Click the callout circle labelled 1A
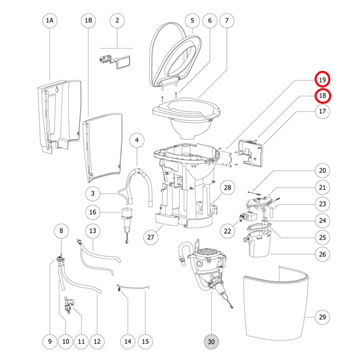[x=50, y=21]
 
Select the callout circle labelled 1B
[x=89, y=21]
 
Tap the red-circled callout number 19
[x=322, y=80]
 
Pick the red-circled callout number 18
[x=322, y=96]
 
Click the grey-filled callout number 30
[x=212, y=341]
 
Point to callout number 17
[x=322, y=111]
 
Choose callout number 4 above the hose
[x=137, y=141]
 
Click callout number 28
[x=227, y=188]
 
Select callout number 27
[x=152, y=237]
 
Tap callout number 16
[x=93, y=212]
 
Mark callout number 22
[x=228, y=230]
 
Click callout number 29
[x=322, y=317]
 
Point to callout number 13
[x=93, y=230]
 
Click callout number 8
[x=61, y=230]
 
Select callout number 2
[x=117, y=21]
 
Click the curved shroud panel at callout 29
[x=277, y=302]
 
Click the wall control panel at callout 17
[x=250, y=153]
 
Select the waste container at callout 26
[x=259, y=245]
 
